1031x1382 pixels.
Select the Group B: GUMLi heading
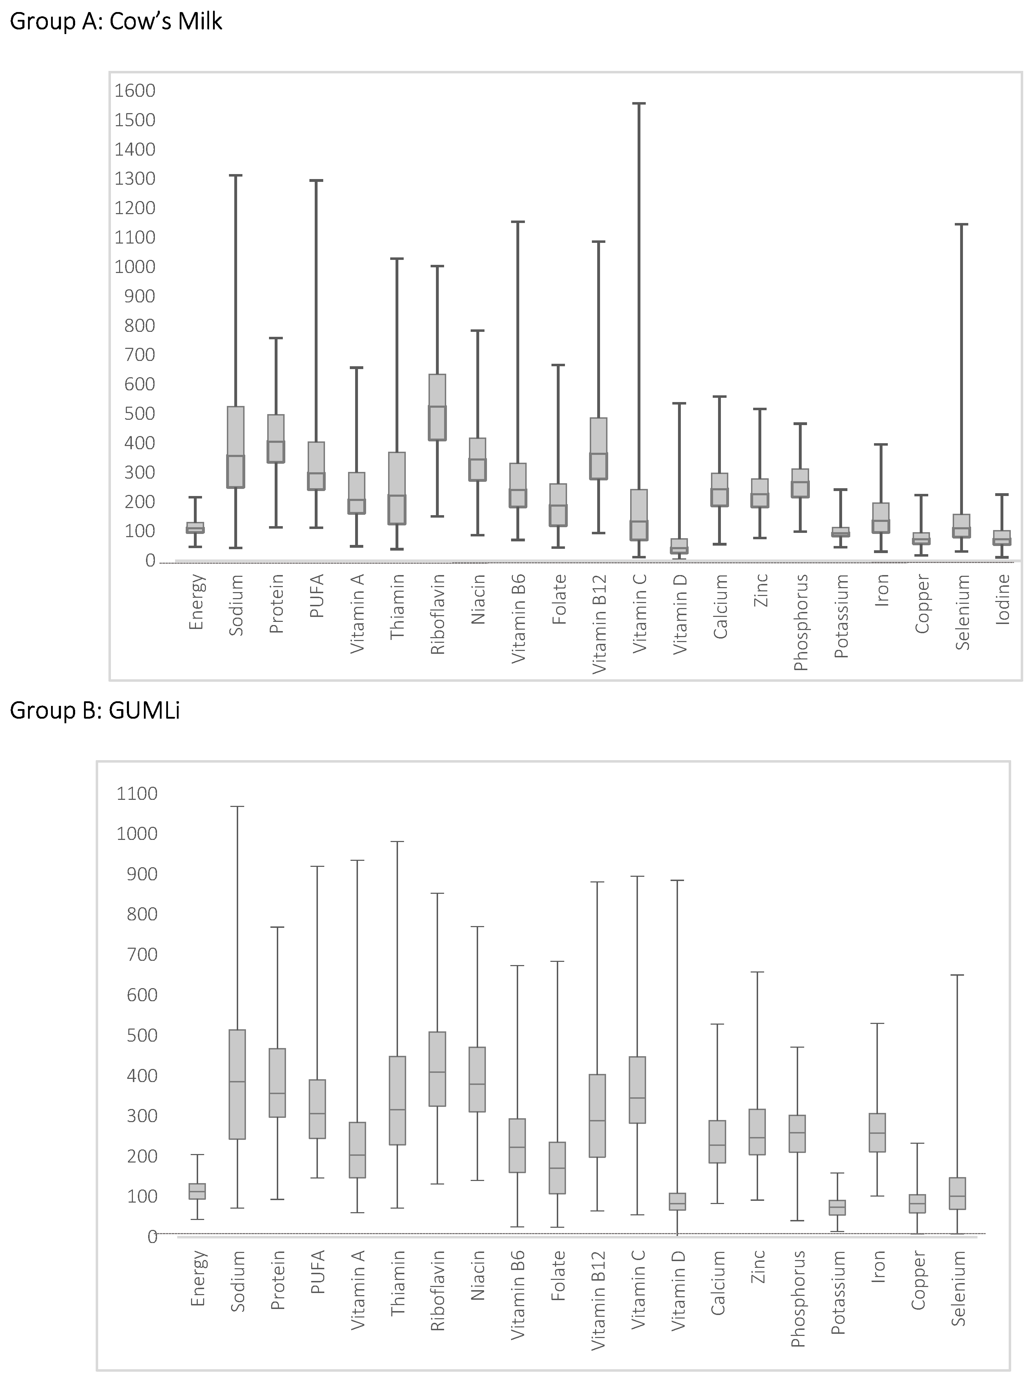tap(95, 710)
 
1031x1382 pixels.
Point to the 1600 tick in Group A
tap(135, 90)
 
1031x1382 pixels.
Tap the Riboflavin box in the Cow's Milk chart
tap(437, 407)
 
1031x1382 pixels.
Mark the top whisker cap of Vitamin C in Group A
tap(639, 104)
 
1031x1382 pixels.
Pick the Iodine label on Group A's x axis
tap(1003, 599)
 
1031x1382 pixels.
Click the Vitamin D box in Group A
tap(679, 546)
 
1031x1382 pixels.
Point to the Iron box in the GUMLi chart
tap(878, 1132)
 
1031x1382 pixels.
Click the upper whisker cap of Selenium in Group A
tap(962, 224)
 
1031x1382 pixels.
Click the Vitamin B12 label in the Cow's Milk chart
tap(599, 624)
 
